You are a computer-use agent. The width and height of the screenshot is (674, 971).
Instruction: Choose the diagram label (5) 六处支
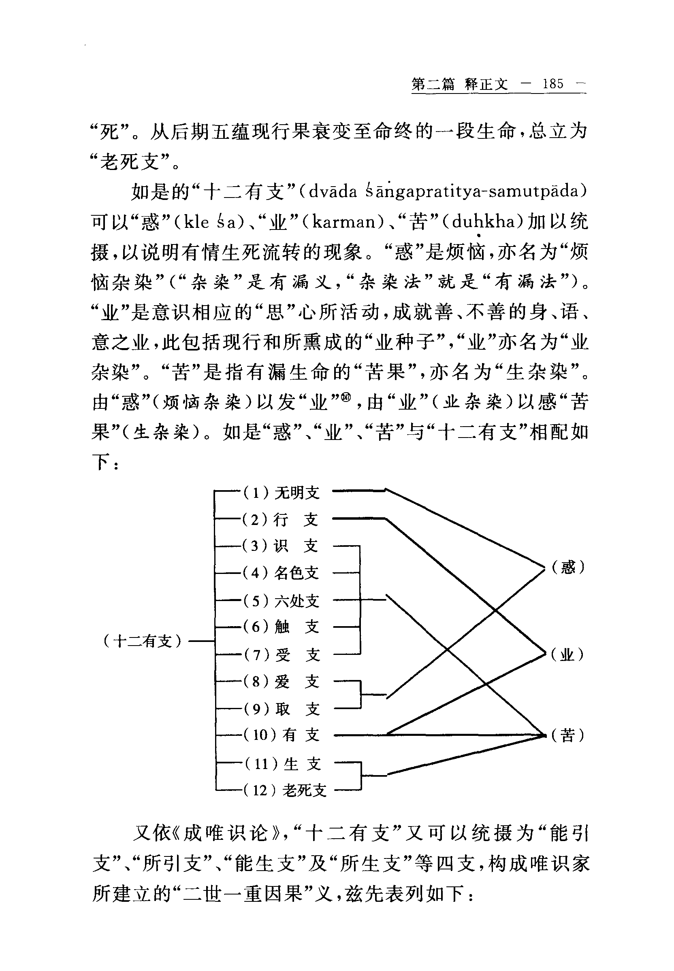point(281,601)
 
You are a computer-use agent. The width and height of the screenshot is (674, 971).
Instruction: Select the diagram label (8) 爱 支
point(281,682)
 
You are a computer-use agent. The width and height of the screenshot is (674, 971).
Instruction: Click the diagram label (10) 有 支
point(282,735)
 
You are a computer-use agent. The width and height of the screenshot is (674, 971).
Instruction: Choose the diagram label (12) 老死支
point(285,790)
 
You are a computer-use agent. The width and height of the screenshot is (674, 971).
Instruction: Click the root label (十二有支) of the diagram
point(142,642)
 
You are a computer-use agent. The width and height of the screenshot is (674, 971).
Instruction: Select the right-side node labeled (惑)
point(568,567)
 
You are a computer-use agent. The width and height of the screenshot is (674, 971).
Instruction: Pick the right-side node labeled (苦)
point(567,735)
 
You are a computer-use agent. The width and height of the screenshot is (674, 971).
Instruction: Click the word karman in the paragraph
point(344,221)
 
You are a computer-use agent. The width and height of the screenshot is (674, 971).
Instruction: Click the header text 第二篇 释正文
point(459,84)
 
